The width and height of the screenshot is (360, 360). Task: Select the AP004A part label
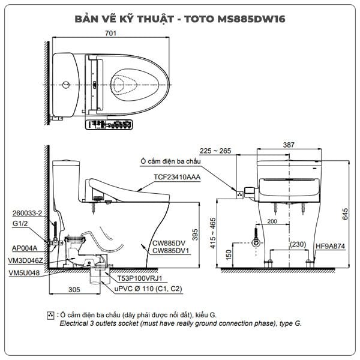[24, 247]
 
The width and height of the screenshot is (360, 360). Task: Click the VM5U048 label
[25, 272]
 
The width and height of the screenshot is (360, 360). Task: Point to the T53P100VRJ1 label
[142, 278]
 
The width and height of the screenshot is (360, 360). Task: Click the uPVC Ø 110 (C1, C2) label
[148, 289]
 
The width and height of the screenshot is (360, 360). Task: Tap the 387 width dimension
[290, 145]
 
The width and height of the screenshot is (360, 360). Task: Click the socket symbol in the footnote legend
[50, 314]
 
